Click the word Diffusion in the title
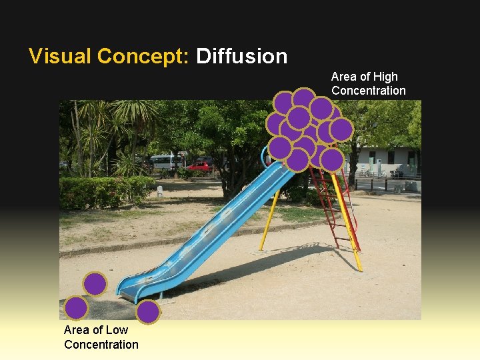click(x=241, y=56)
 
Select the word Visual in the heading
click(x=60, y=56)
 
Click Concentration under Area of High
click(x=368, y=91)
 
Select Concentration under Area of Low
click(x=101, y=344)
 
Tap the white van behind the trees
click(x=166, y=161)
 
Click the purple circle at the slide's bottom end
click(x=148, y=311)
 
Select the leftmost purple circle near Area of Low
click(x=77, y=308)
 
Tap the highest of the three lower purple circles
click(x=95, y=284)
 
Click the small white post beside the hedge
click(x=160, y=191)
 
